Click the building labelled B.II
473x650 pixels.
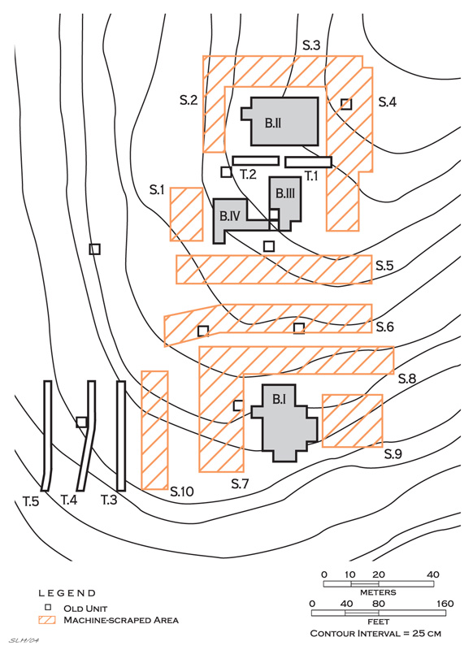[284, 122]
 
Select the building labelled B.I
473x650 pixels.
[284, 422]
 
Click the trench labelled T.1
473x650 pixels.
[308, 162]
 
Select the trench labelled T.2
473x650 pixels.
[256, 160]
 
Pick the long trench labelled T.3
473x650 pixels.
[121, 435]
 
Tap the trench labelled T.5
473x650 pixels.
[48, 435]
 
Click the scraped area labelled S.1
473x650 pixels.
[187, 214]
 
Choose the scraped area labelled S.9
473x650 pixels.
[353, 421]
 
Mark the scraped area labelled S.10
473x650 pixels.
[154, 431]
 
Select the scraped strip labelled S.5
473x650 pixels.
[274, 270]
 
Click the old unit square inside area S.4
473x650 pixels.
[346, 104]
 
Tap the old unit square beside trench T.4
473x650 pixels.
[81, 422]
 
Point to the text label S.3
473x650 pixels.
[311, 45]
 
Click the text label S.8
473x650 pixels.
[407, 379]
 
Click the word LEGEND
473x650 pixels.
[67, 593]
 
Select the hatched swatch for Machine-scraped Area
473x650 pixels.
[47, 620]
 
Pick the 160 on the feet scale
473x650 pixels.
[445, 604]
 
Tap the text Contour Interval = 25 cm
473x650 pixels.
[375, 634]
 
